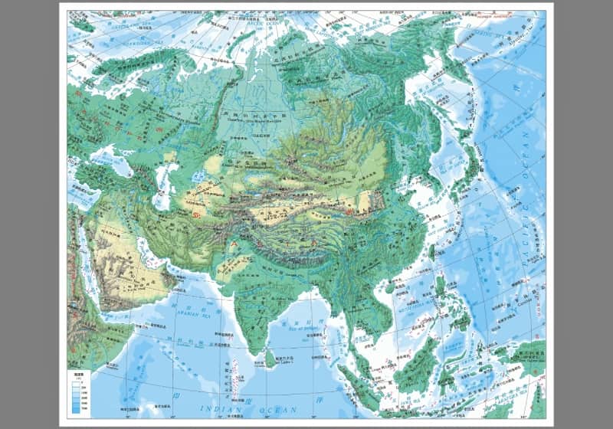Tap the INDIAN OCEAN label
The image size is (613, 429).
point(253,411)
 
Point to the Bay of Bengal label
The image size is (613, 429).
point(303,327)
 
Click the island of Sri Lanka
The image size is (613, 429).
point(270,355)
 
